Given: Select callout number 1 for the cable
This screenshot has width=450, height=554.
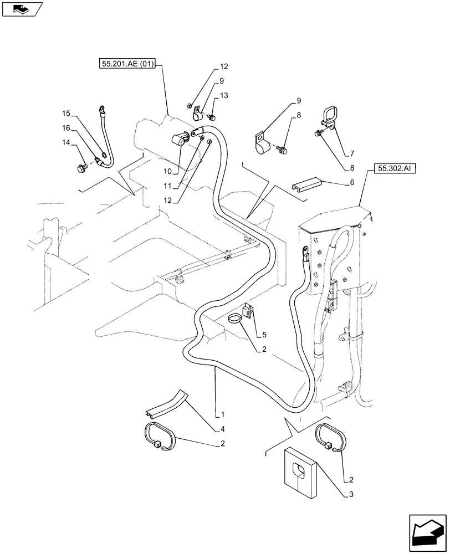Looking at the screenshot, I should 222,414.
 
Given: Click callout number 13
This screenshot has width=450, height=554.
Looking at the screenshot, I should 223,96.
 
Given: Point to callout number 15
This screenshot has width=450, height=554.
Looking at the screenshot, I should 66,114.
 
